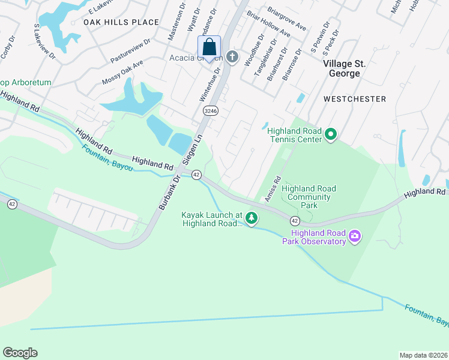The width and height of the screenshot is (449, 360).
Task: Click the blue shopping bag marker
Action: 209,47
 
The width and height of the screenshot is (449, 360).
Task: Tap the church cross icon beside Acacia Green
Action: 232,58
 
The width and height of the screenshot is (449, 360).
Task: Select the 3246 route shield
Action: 210,111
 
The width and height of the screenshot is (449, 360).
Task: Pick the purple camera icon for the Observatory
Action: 355,236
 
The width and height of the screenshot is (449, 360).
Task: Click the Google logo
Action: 20,353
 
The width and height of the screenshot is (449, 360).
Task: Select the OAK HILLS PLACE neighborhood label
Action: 121,22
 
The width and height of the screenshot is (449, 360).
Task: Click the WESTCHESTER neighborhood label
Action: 354,98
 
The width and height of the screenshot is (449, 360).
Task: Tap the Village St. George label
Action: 342,68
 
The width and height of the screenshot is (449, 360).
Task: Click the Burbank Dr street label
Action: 169,193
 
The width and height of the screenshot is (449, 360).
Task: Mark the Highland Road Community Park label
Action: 309,197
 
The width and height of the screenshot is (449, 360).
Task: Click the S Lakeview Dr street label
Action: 45,43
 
